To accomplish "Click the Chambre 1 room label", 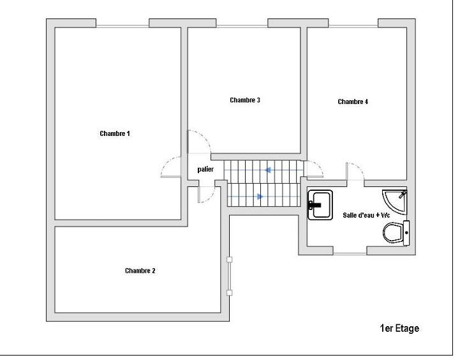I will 115,133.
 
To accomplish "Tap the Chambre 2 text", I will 140,271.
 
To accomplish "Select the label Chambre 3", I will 245,100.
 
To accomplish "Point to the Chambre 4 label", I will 353,101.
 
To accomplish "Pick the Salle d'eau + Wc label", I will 366,215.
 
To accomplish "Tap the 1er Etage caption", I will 400,329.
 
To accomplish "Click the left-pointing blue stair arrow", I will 269,170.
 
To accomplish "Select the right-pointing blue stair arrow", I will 259,197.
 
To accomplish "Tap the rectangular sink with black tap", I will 318,205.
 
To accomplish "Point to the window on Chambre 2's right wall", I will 230,276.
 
